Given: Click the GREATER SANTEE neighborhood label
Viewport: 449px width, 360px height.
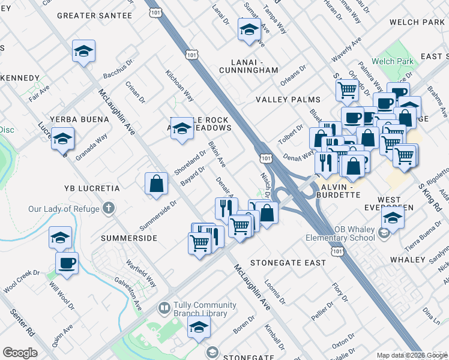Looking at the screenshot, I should click(94, 16).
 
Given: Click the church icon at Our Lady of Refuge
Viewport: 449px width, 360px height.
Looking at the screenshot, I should click(108, 209).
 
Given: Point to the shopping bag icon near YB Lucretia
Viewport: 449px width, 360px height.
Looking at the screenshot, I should click(156, 184).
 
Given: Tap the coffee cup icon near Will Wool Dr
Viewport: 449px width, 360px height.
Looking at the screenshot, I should click(67, 263).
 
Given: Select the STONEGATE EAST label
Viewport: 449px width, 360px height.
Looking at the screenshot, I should click(288, 263).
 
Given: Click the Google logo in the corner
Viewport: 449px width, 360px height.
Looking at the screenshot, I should click(20, 353).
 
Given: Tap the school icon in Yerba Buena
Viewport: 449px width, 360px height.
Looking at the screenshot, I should click(62, 139).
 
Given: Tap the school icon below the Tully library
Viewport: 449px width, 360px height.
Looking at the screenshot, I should click(199, 328).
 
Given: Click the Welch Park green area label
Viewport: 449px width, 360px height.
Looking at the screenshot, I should click(391, 61).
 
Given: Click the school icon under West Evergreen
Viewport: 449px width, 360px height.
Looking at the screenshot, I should click(393, 219).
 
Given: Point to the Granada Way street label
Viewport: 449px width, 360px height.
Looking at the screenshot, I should click(92, 146).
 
